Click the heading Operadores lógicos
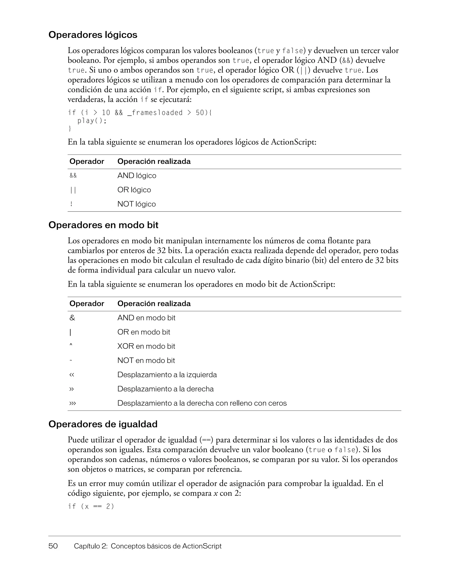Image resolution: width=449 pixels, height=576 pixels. (93, 35)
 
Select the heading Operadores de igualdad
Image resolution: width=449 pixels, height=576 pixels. (103, 424)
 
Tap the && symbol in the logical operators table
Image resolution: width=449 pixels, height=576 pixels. (73, 176)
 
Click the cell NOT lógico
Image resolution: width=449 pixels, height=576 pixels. (136, 204)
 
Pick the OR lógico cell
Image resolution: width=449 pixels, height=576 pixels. (134, 190)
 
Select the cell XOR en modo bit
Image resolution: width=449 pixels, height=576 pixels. (146, 346)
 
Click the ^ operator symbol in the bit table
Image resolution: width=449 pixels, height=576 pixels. (71, 345)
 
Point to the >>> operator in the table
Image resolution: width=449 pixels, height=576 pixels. (73, 403)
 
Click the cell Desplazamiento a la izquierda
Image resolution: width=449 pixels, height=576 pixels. (167, 375)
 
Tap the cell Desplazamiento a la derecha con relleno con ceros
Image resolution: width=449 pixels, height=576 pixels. (202, 403)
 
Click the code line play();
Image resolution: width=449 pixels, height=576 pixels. (92, 121)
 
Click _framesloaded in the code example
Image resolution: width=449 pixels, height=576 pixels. (155, 113)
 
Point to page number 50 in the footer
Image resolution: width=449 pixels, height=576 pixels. (53, 546)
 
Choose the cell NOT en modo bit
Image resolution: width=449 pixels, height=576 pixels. (146, 361)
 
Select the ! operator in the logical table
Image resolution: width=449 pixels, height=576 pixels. (71, 204)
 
